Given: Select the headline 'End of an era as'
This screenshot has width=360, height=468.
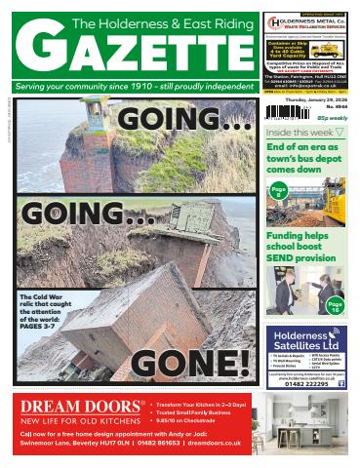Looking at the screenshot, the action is click(300, 146).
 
